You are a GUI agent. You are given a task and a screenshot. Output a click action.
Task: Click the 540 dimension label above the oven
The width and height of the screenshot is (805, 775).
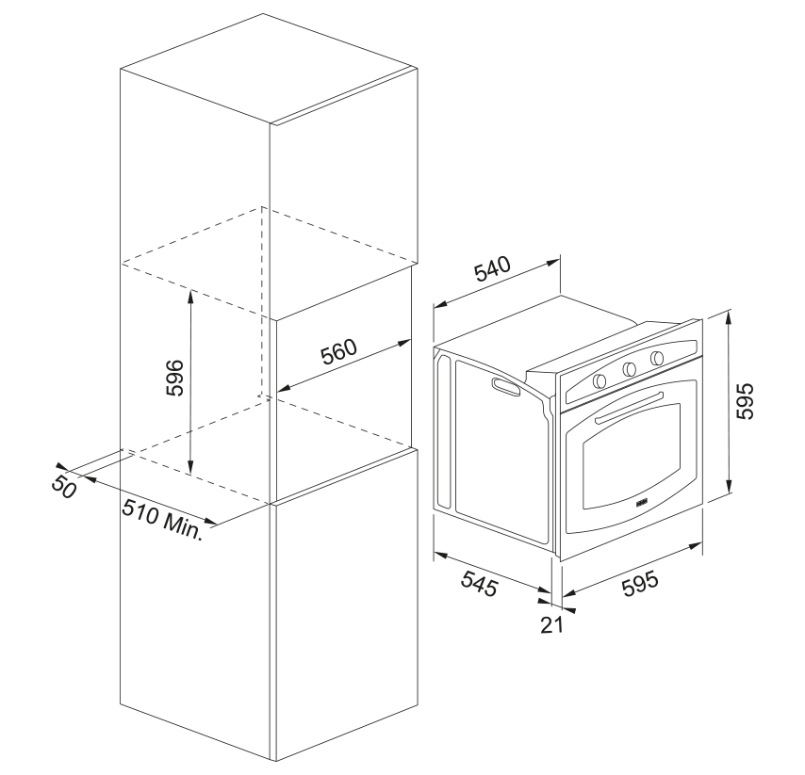tap(493, 268)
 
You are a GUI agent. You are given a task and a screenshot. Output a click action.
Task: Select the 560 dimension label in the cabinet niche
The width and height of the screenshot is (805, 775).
tap(338, 351)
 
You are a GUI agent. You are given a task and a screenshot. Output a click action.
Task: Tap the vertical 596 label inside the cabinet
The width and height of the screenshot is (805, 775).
tap(174, 378)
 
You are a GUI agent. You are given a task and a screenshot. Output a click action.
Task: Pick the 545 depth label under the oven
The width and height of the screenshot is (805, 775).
tap(480, 583)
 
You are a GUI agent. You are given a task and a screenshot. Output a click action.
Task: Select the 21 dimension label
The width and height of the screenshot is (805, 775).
tap(551, 624)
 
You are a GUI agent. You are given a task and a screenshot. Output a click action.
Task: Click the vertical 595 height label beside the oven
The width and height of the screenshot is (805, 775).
tap(745, 400)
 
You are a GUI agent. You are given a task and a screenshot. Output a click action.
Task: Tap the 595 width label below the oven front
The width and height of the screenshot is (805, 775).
tap(640, 584)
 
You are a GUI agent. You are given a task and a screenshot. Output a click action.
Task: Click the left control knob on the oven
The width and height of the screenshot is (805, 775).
tap(600, 381)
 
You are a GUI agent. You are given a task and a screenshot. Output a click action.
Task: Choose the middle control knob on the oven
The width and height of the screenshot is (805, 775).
tap(629, 369)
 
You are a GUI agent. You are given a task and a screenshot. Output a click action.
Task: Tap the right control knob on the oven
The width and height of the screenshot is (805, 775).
tap(657, 358)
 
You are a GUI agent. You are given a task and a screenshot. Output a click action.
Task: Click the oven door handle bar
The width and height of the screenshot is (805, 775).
tap(630, 409)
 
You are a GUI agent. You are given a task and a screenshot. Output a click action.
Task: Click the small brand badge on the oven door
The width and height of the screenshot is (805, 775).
tap(642, 502)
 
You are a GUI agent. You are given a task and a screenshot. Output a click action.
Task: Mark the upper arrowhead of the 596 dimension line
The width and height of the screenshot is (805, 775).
tap(191, 296)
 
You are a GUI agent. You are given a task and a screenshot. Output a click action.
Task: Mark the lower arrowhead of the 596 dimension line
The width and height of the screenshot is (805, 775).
tap(191, 468)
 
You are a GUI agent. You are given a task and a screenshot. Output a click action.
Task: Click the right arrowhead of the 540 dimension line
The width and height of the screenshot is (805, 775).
tap(553, 263)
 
